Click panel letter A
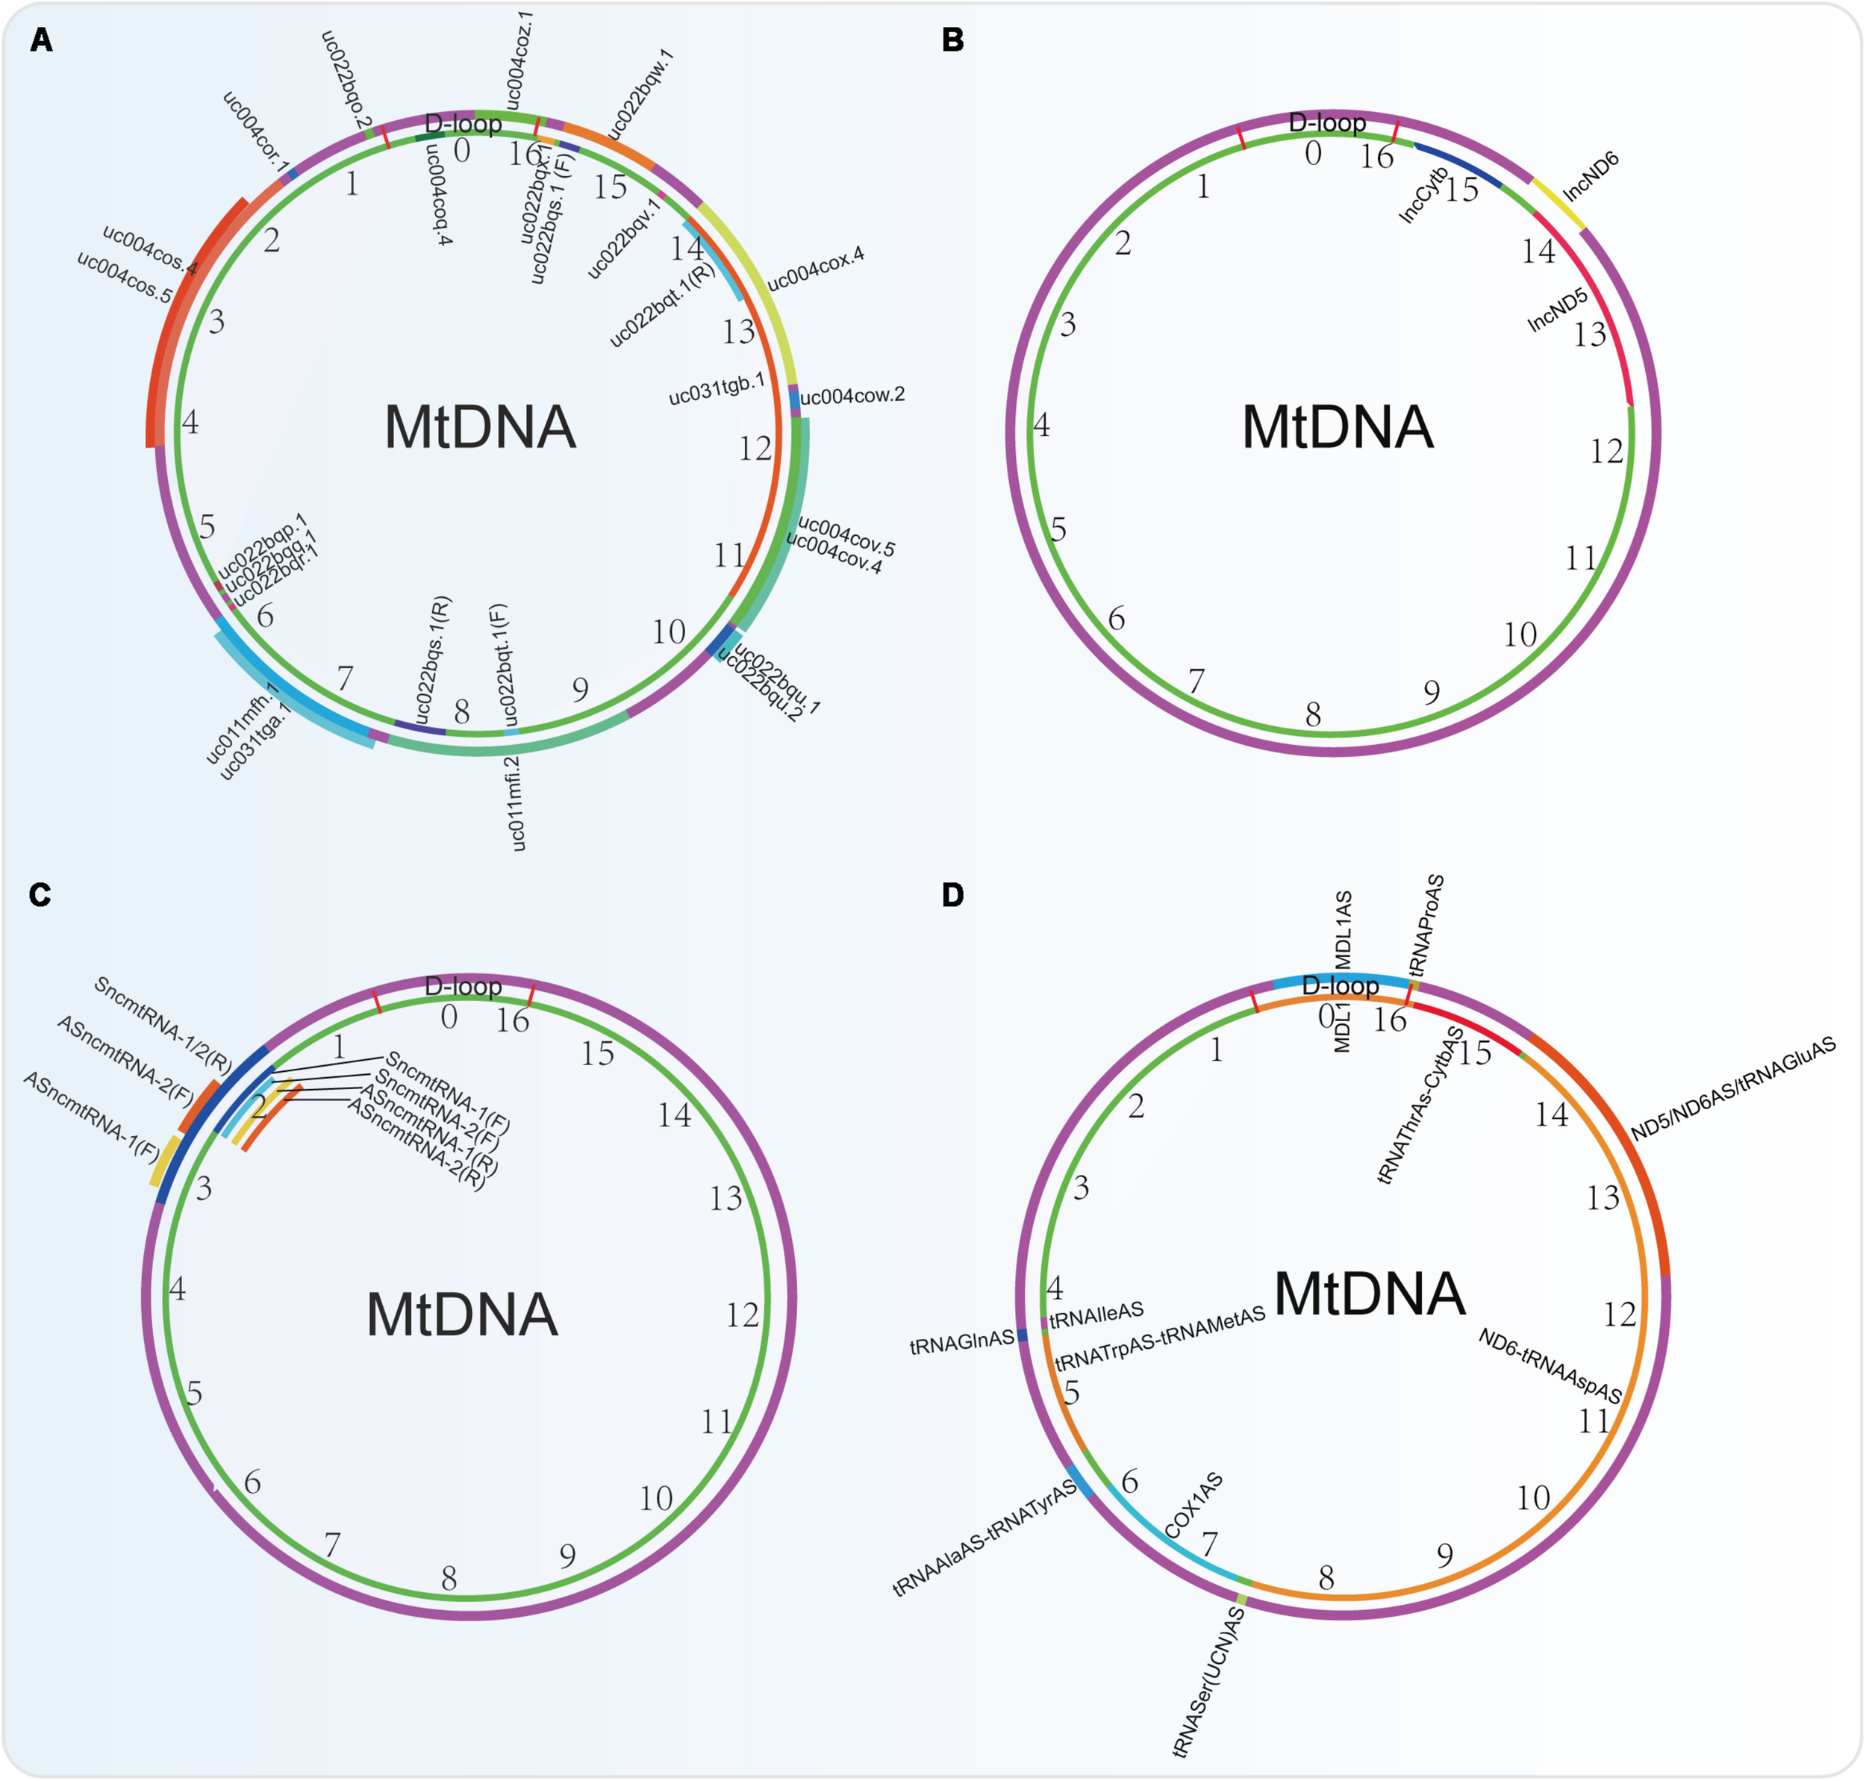pos(41,40)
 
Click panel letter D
pos(952,894)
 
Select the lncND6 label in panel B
pos(1591,177)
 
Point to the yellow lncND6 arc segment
pos(1558,203)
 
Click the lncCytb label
pos(1423,195)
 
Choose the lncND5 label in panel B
pos(1558,311)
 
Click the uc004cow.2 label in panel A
pos(852,396)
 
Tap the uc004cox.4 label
pos(815,269)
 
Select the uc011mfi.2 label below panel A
pos(514,803)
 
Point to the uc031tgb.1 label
pos(717,389)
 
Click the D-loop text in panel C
pos(464,985)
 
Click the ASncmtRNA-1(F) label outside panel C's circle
pos(91,1115)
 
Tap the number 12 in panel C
pos(743,1315)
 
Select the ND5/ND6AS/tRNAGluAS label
pos(1733,1089)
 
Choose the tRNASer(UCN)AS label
pos(1209,1681)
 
